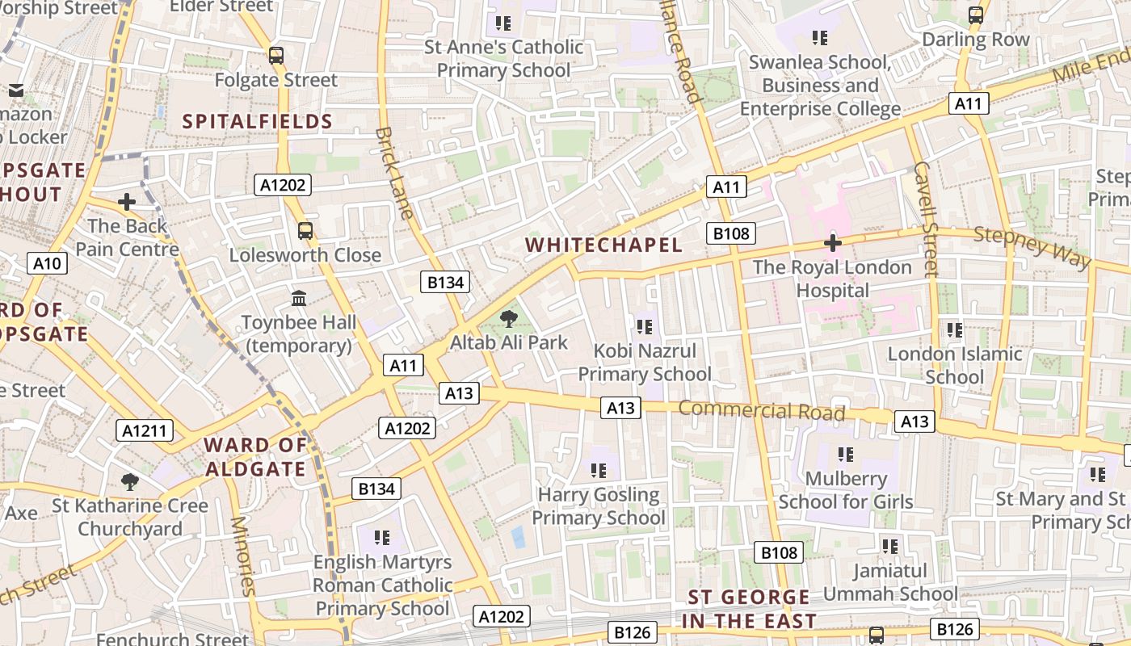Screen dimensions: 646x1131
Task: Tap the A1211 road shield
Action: pyautogui.click(x=145, y=430)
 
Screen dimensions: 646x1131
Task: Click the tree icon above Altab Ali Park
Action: pyautogui.click(x=509, y=318)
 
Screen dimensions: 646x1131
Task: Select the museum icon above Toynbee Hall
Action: pyautogui.click(x=299, y=298)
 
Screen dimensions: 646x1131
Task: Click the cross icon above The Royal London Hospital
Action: pyautogui.click(x=832, y=242)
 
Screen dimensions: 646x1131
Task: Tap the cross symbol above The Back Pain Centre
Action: pyautogui.click(x=127, y=201)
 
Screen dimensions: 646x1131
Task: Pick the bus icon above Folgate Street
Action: pyautogui.click(x=276, y=55)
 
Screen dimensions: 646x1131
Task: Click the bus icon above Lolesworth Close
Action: pyautogui.click(x=305, y=230)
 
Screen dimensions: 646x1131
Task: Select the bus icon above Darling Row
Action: pyautogui.click(x=976, y=15)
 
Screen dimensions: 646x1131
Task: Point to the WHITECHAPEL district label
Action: pyautogui.click(x=604, y=245)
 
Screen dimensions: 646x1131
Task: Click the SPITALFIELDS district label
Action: pyautogui.click(x=258, y=122)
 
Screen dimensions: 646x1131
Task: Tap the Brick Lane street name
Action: pyautogui.click(x=395, y=173)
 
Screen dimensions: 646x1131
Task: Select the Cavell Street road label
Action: pyautogui.click(x=926, y=219)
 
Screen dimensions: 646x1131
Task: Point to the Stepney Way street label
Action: pyautogui.click(x=1032, y=247)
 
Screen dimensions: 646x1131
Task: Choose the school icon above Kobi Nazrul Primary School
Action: pyautogui.click(x=644, y=326)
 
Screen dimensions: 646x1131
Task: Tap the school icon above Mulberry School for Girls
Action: pyautogui.click(x=846, y=454)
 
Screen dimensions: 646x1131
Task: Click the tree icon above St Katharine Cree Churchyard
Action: pyautogui.click(x=129, y=482)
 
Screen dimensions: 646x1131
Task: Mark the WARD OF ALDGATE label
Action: pyautogui.click(x=255, y=456)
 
